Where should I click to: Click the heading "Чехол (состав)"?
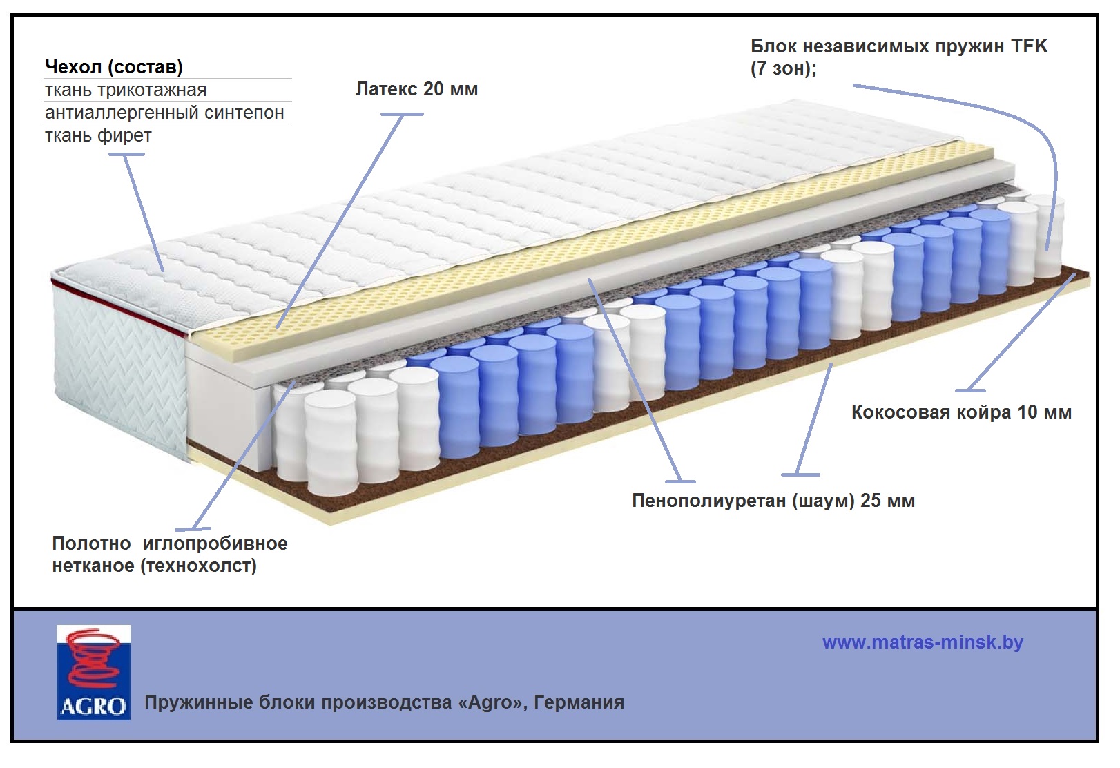click(114, 67)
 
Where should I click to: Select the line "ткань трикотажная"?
click(126, 90)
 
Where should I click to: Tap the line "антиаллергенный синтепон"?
click(164, 113)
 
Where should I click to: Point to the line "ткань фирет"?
click(98, 135)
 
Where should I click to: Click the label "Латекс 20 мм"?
click(416, 89)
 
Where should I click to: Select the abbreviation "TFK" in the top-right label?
click(1029, 46)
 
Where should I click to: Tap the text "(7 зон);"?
click(783, 69)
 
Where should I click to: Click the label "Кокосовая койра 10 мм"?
click(961, 412)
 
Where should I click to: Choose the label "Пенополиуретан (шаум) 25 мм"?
click(773, 501)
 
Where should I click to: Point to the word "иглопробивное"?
click(215, 544)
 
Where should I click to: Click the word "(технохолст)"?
click(199, 566)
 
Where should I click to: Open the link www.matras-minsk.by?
click(923, 642)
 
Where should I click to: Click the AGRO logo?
click(93, 673)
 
